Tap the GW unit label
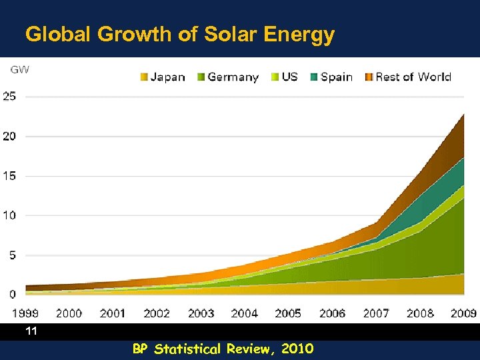(x=19, y=69)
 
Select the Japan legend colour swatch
(x=143, y=77)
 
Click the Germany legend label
(x=233, y=77)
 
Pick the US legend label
(x=289, y=77)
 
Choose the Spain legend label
(x=336, y=77)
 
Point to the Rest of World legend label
(x=413, y=77)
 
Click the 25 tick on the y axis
(x=10, y=97)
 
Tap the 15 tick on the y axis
(x=10, y=176)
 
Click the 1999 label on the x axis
(x=25, y=312)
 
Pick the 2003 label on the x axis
(x=201, y=312)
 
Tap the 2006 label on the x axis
(x=332, y=312)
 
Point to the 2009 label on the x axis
(x=463, y=312)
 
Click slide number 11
(x=30, y=331)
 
